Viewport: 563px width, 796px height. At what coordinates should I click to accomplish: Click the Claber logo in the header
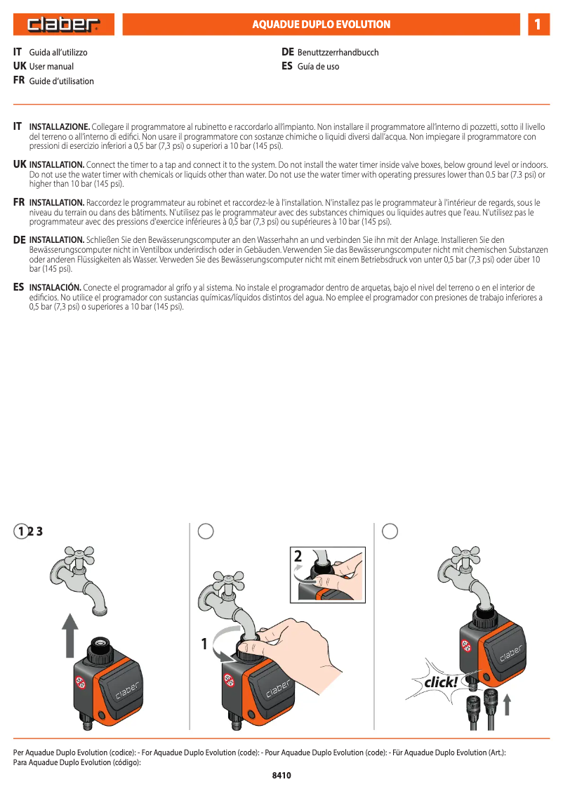click(x=64, y=25)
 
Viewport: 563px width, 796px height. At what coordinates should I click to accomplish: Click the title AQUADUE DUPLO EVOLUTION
click(x=322, y=25)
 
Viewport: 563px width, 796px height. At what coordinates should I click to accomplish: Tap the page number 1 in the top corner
click(x=537, y=25)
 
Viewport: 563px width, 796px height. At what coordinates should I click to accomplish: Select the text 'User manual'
click(x=51, y=67)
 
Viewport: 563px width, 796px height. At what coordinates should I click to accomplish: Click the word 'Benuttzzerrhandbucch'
click(x=338, y=53)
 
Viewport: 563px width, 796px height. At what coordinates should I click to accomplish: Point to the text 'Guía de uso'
click(x=318, y=67)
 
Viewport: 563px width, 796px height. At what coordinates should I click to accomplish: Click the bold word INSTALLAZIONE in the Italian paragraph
click(x=59, y=126)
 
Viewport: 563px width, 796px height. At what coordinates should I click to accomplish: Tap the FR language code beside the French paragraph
click(x=20, y=202)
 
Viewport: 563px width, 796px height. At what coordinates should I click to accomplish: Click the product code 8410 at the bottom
click(x=281, y=776)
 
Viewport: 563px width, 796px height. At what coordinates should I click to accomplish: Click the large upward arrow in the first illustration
click(x=69, y=635)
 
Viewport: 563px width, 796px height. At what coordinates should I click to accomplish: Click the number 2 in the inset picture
click(x=298, y=557)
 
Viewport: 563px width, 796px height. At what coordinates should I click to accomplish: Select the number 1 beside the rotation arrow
click(x=205, y=643)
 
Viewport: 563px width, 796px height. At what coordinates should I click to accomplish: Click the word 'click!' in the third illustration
click(x=440, y=682)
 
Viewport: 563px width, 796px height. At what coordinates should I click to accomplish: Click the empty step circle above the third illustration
click(x=390, y=531)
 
